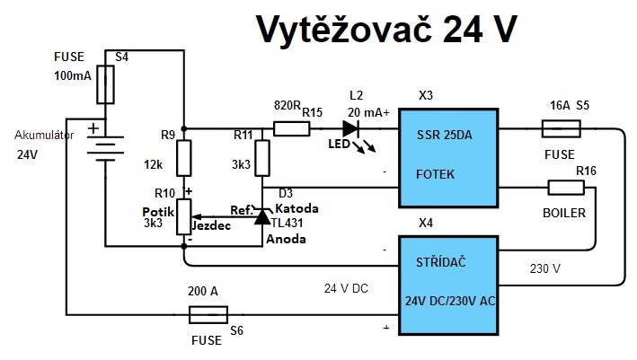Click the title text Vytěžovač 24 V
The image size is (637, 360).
(x=386, y=30)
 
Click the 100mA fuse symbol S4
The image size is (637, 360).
(x=105, y=84)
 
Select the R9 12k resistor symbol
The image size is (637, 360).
(x=184, y=158)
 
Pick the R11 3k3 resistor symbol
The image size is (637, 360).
(x=262, y=158)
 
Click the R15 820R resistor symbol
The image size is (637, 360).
(x=292, y=129)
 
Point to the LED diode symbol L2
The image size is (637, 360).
(x=351, y=129)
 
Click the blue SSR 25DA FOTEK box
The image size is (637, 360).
(x=448, y=158)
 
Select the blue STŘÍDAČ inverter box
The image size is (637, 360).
(x=448, y=285)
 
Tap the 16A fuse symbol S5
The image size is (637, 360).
(x=561, y=128)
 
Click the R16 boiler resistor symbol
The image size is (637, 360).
(x=566, y=188)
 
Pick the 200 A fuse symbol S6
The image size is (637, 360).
(x=208, y=314)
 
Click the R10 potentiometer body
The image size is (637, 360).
(x=184, y=216)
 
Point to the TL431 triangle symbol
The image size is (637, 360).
(x=262, y=217)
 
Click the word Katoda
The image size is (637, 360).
(x=297, y=208)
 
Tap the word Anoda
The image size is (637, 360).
(x=286, y=239)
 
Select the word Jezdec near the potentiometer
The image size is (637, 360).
(x=211, y=225)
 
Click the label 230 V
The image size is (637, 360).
(x=545, y=268)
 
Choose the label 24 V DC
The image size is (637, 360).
(x=346, y=288)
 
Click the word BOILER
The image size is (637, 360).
(x=564, y=213)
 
